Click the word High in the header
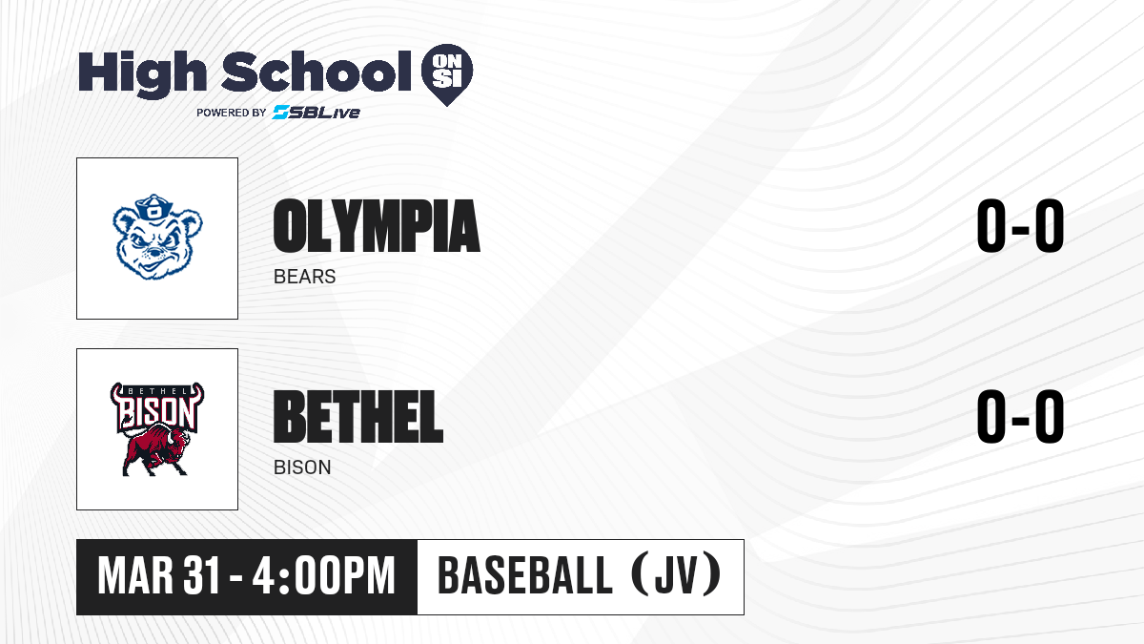tap(142, 74)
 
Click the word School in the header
tap(317, 71)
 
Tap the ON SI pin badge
tap(447, 74)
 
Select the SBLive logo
tap(317, 112)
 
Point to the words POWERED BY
tap(232, 113)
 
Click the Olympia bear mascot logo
tap(157, 237)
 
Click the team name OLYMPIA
tap(377, 226)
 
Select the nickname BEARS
tap(304, 277)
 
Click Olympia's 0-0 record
tap(1020, 226)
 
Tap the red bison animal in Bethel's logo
tap(155, 450)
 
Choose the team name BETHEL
tap(358, 417)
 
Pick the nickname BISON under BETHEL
tap(302, 467)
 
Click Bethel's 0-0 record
tap(1020, 417)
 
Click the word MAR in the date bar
tap(135, 575)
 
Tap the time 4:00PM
tap(324, 575)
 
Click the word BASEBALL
tap(525, 575)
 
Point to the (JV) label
tap(677, 574)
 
